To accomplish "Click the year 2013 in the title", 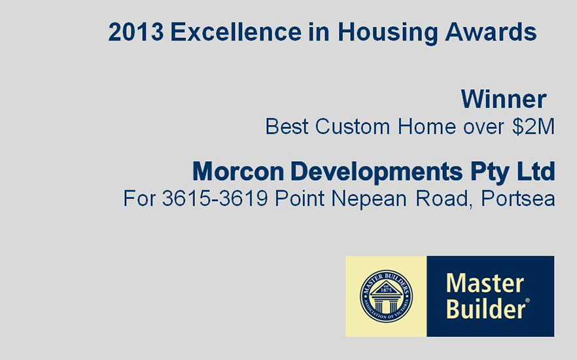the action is click(x=136, y=31).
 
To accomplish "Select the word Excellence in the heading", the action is click(x=236, y=31).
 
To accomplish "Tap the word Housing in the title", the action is click(x=387, y=33).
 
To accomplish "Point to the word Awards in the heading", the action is click(x=491, y=31).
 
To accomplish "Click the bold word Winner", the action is click(x=504, y=99).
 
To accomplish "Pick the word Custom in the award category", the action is click(x=352, y=126).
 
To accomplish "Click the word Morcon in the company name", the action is click(x=238, y=171).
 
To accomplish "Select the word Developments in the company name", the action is click(x=376, y=172).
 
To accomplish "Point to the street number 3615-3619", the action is click(x=215, y=198).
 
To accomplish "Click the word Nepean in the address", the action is click(x=369, y=200).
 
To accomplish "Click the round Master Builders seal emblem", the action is click(x=387, y=297).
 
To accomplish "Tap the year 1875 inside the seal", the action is click(x=387, y=290).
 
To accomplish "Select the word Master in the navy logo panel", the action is click(x=485, y=283).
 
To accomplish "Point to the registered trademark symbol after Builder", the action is click(x=528, y=300).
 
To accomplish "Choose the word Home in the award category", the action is click(x=426, y=126).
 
